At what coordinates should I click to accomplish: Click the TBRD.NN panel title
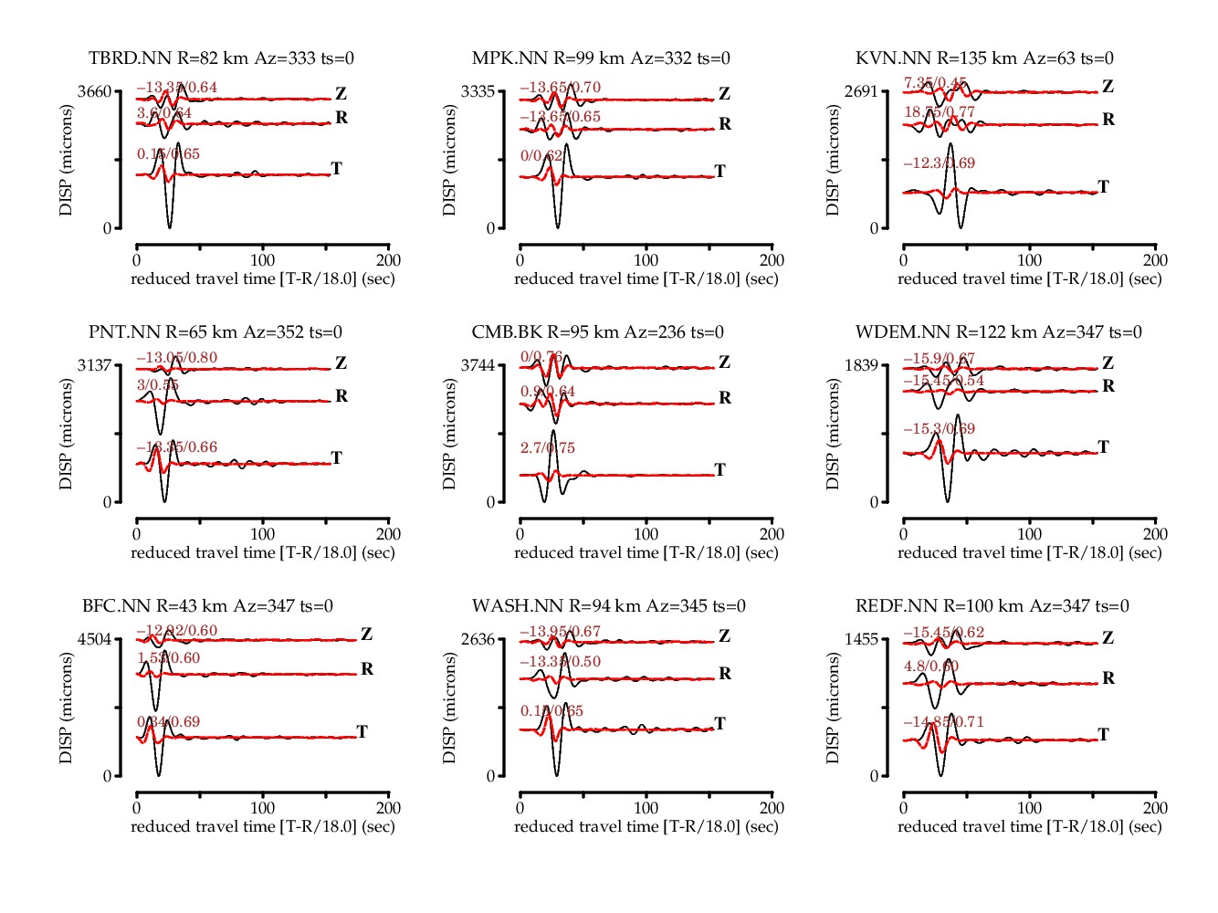click(221, 58)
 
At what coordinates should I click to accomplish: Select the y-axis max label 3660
click(94, 91)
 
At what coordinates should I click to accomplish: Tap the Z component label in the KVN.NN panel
click(1108, 87)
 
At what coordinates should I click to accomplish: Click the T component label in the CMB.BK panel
click(719, 470)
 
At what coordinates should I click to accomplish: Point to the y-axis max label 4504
click(94, 639)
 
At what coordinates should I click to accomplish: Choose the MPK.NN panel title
click(601, 58)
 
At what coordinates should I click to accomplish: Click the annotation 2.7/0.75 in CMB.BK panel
click(548, 448)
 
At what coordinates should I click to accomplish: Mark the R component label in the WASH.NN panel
click(725, 674)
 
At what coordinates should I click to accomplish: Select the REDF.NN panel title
click(992, 606)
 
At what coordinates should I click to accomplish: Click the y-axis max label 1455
click(861, 639)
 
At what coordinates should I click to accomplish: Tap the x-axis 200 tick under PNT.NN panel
click(388, 534)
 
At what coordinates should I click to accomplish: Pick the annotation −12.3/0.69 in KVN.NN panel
click(939, 163)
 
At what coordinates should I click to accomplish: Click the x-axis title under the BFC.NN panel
click(263, 827)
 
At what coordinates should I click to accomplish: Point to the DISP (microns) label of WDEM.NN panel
click(833, 435)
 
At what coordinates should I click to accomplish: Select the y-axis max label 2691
click(861, 91)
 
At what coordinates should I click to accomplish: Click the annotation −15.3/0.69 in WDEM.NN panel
click(939, 429)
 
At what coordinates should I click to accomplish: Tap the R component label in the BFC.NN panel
click(367, 669)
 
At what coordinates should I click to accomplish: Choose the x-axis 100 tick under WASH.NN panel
click(646, 808)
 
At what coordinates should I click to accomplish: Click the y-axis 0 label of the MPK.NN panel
click(490, 228)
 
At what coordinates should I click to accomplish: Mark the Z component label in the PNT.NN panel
click(341, 363)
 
